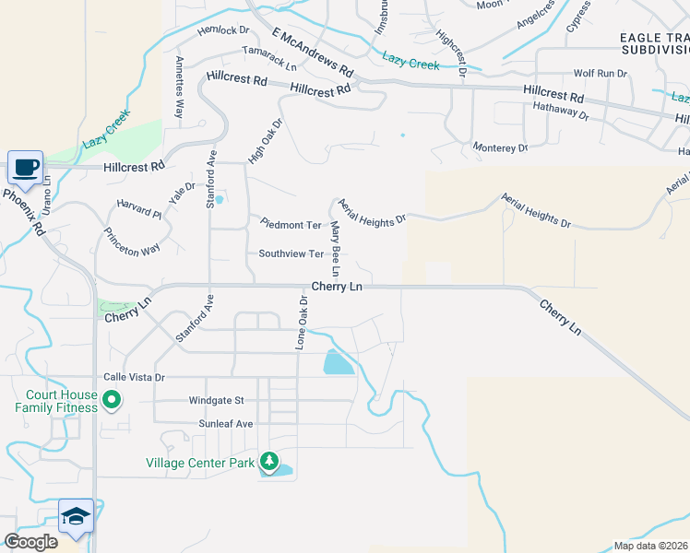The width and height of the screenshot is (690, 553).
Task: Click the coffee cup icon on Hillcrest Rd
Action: [x=26, y=168]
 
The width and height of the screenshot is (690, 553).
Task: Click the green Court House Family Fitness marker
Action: [x=112, y=400]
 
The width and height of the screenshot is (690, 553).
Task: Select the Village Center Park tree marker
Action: [x=268, y=460]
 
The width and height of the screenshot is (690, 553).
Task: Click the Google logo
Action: [x=30, y=542]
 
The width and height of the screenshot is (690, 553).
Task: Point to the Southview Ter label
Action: [x=291, y=253]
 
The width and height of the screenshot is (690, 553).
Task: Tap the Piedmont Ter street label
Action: [x=291, y=225]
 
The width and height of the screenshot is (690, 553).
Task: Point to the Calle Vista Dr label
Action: [x=134, y=377]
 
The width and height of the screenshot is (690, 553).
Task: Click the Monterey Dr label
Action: [x=500, y=147]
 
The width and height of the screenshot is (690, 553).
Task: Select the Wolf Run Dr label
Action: [x=600, y=73]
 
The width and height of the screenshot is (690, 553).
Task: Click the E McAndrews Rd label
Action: [x=313, y=52]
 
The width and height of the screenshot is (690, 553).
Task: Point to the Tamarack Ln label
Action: [x=269, y=59]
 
